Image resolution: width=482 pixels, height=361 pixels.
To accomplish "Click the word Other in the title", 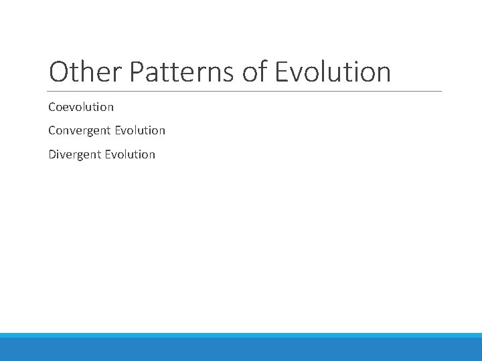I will point(85,72).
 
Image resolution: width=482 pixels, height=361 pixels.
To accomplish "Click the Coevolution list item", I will point(81,107).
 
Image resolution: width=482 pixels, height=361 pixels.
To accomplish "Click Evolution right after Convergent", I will point(140,130).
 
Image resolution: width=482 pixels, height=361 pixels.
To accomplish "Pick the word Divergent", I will point(75,154).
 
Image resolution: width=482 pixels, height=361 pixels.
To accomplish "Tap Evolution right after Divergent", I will point(130,154).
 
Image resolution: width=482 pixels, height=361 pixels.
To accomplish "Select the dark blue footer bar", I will point(241,350).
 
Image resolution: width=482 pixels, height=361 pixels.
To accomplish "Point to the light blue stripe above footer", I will point(241,335).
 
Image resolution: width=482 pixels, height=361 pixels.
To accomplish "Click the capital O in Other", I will point(58,72).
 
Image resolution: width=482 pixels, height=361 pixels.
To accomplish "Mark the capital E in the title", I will point(283,72).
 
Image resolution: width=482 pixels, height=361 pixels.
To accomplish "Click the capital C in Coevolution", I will point(52,107).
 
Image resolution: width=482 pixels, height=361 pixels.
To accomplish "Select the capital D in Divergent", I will point(52,154).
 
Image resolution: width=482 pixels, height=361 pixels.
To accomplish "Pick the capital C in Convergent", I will point(52,130).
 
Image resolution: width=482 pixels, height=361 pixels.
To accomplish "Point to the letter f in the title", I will point(264,72).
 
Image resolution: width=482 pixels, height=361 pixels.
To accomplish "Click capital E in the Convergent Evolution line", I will point(117,130).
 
